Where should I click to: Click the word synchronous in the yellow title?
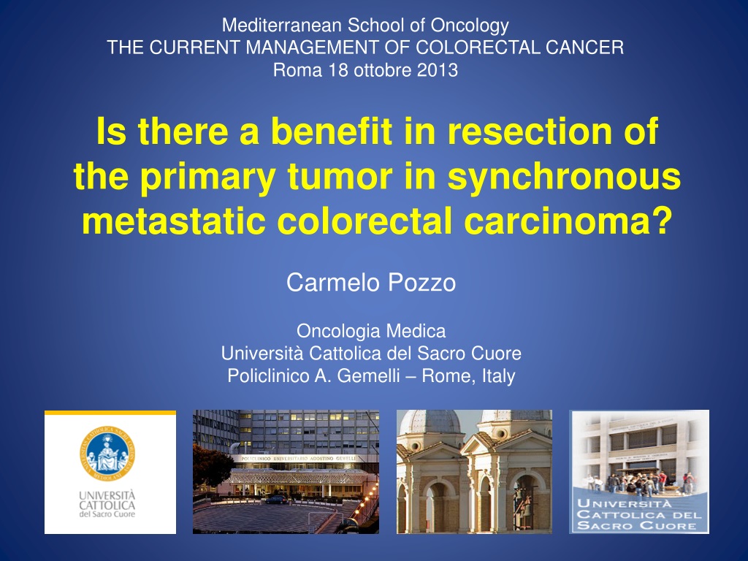564,176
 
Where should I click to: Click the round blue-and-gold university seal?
107,453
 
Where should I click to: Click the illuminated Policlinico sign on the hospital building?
299,459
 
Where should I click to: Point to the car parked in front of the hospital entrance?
277,500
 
